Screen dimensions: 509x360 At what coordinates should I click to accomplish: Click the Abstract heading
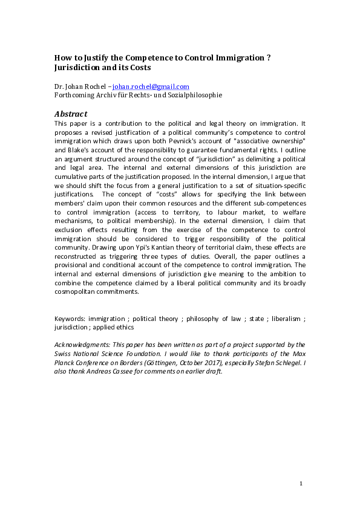71,113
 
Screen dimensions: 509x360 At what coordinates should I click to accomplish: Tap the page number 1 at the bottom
301,484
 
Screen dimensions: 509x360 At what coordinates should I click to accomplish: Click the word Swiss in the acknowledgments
63,353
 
